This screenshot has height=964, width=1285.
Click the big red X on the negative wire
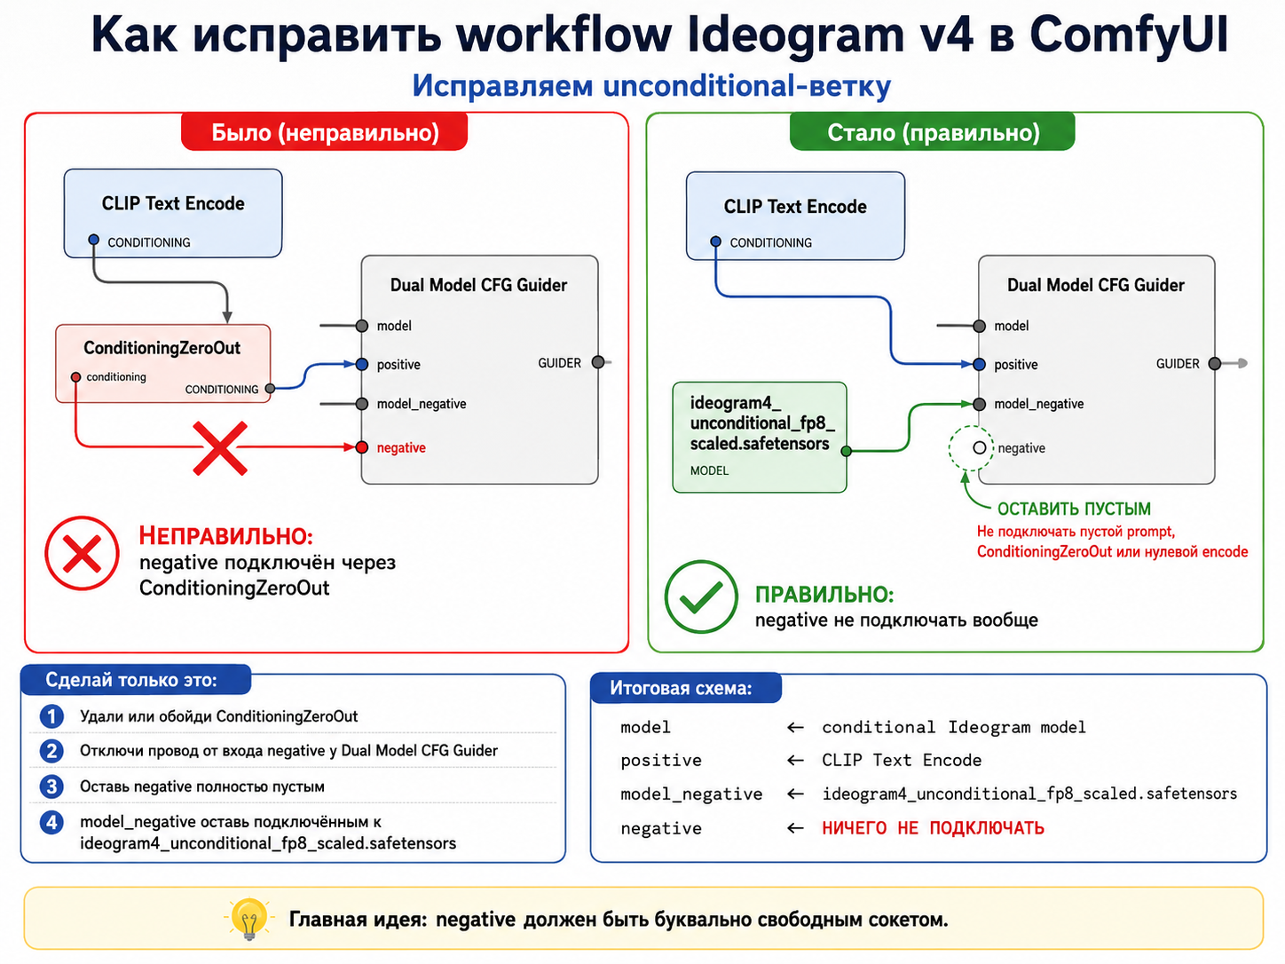point(220,448)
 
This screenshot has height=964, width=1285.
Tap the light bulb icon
point(249,919)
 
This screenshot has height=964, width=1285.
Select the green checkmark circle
point(701,597)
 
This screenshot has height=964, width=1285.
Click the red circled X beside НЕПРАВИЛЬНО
point(82,553)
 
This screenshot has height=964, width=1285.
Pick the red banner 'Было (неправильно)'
point(324,131)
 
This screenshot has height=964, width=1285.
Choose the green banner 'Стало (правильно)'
point(933,131)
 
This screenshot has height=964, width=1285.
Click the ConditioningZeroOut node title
point(162,348)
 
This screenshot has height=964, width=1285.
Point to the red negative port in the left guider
point(362,447)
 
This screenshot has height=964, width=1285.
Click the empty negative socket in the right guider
point(980,447)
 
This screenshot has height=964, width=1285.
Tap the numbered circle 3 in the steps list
point(51,786)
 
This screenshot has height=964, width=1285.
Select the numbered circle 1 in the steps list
point(51,716)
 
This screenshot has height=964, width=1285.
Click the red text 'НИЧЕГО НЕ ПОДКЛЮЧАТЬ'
point(934,828)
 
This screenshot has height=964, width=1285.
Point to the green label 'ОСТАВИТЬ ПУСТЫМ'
point(1074,509)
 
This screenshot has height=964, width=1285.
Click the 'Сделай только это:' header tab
point(136,680)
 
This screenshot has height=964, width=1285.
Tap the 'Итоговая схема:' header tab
point(686,688)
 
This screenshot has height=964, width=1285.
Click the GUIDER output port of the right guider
point(1215,363)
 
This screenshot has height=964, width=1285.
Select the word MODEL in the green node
point(709,470)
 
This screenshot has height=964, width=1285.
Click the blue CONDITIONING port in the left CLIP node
point(94,240)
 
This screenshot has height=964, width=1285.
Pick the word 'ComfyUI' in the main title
point(1128,36)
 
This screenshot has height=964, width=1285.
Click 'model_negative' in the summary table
point(691,794)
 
